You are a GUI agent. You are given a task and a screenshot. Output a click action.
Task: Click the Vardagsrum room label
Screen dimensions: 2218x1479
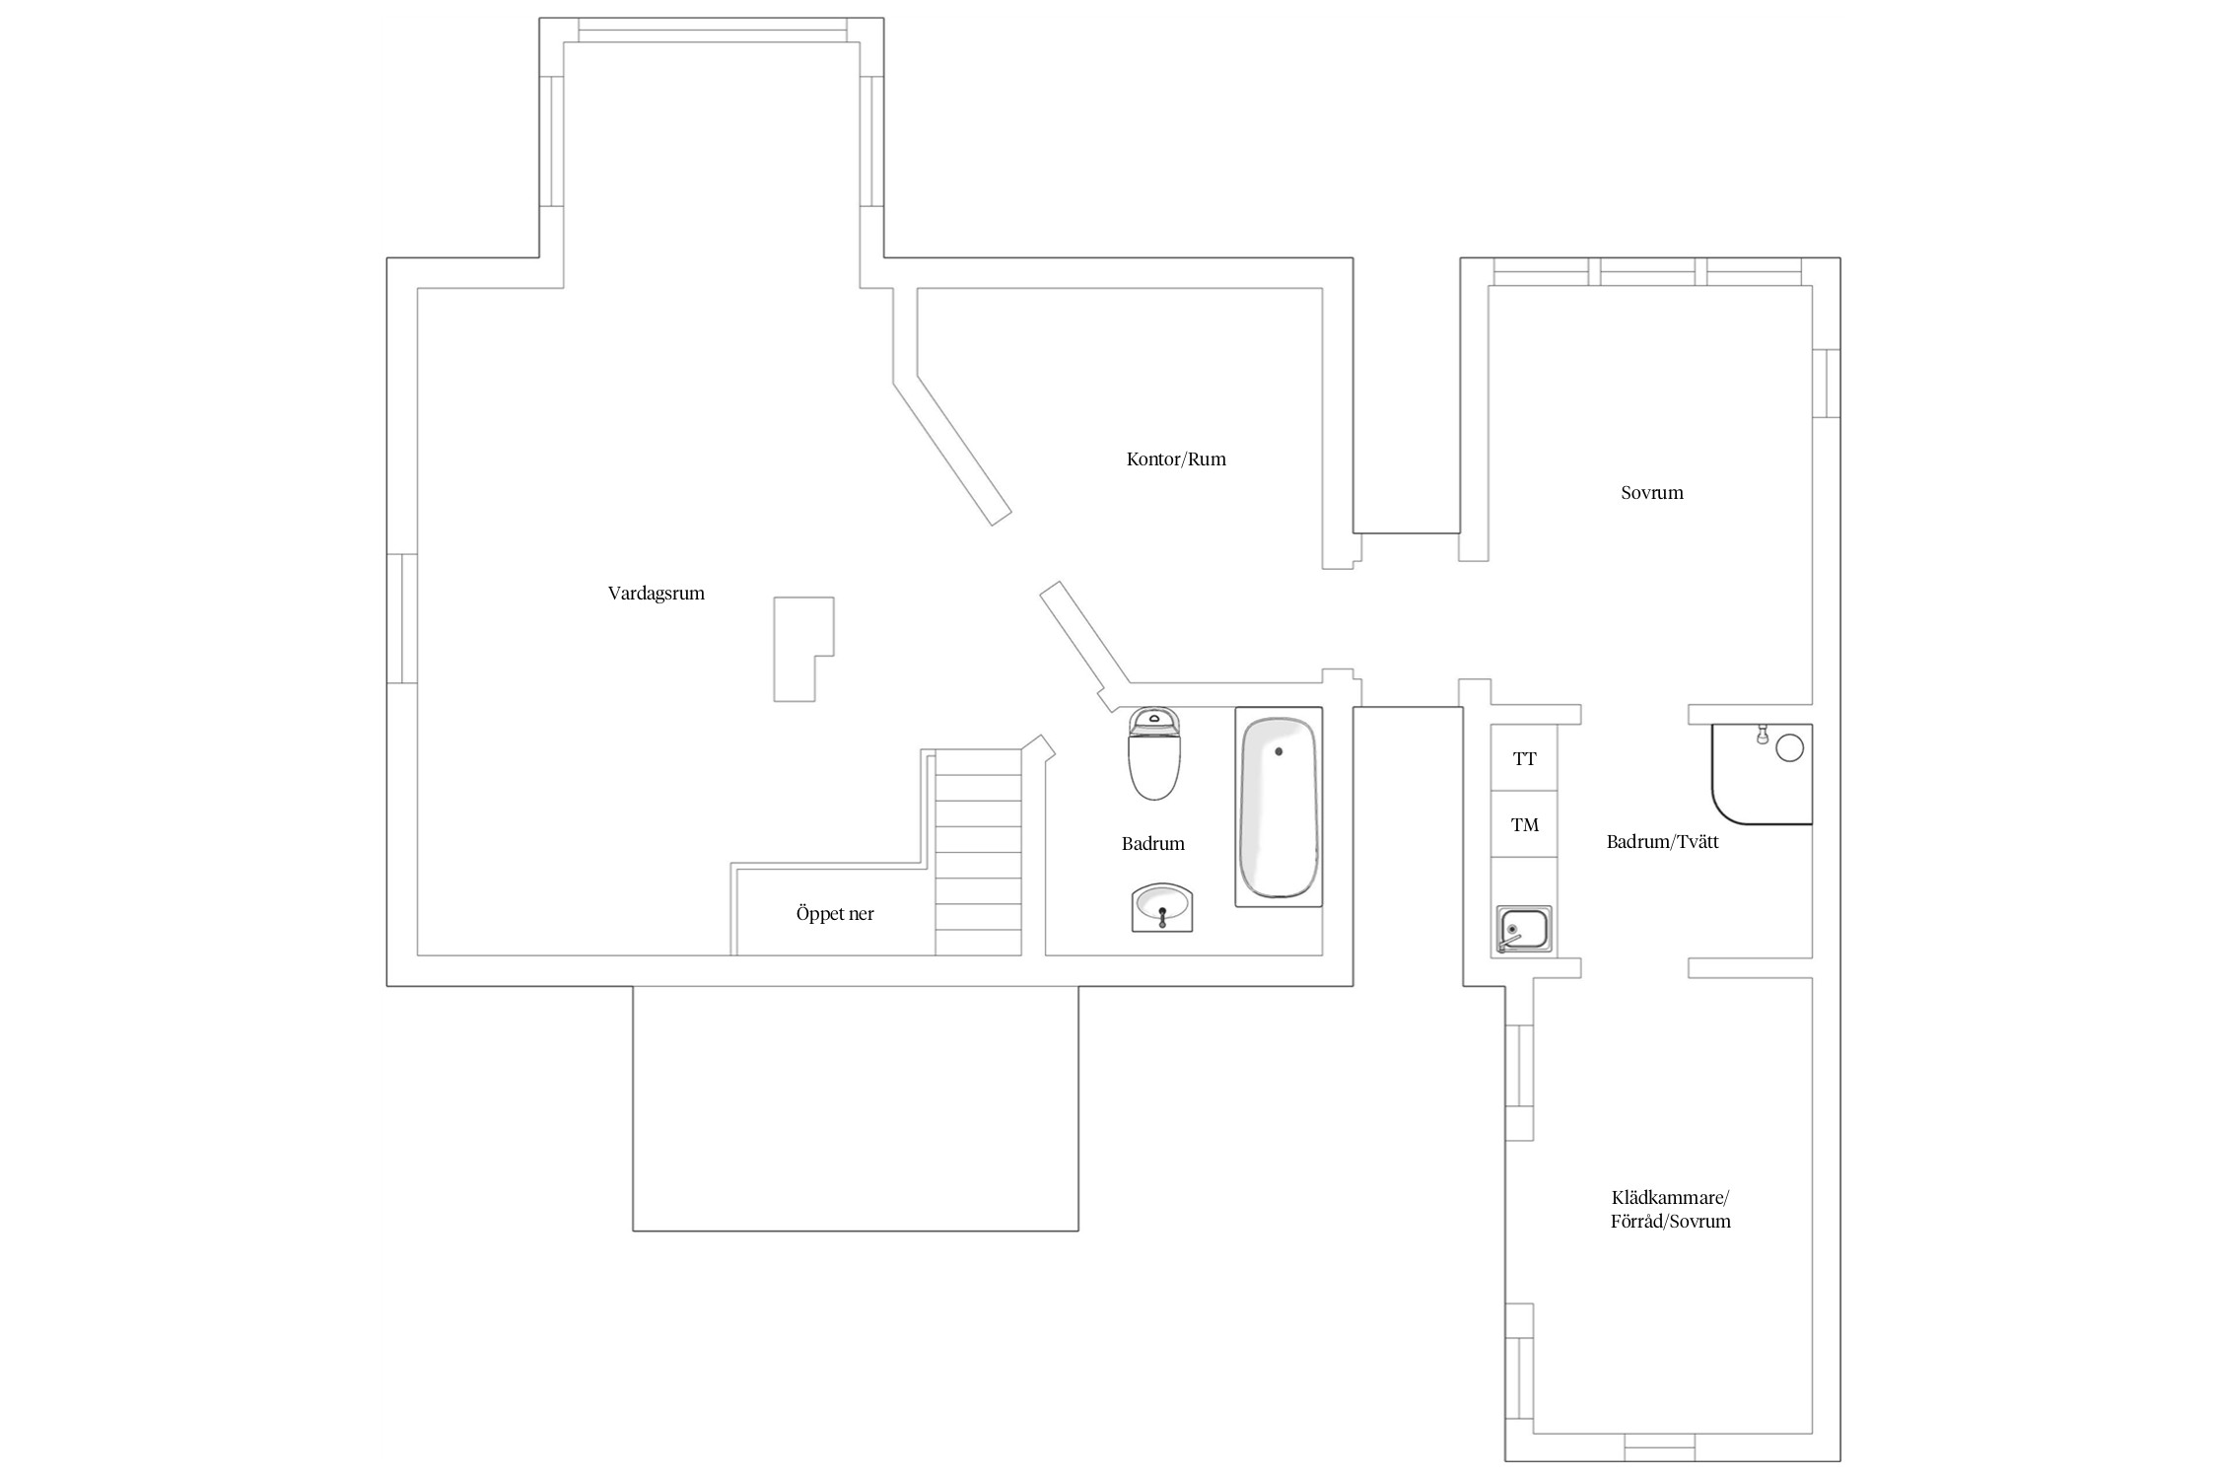click(656, 594)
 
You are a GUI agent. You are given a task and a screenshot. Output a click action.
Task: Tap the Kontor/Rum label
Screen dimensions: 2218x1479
click(1176, 458)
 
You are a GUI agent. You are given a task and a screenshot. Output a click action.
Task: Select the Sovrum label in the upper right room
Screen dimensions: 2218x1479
click(1652, 492)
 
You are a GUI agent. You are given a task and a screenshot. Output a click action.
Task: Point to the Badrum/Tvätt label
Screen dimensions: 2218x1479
click(1663, 842)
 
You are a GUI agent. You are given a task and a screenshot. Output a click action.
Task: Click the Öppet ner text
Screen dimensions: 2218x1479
click(835, 914)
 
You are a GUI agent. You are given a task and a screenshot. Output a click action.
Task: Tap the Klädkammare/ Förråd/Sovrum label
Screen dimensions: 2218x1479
click(1671, 1210)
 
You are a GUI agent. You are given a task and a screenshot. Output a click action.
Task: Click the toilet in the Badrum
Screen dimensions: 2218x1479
click(1154, 752)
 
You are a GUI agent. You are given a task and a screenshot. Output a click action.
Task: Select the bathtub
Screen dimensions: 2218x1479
click(1279, 808)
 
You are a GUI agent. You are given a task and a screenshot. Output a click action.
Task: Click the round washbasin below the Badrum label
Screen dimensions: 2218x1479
click(1162, 907)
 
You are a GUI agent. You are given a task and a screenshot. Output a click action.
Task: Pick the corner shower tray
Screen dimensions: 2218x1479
click(1763, 774)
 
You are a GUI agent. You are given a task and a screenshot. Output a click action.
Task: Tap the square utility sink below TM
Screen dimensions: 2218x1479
click(1524, 930)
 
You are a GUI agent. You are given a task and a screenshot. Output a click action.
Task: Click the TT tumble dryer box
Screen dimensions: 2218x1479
click(1524, 758)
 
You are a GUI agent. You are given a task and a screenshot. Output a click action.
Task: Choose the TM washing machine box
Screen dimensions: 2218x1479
click(1524, 824)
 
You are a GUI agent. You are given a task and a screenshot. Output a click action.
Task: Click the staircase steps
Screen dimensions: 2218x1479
click(978, 852)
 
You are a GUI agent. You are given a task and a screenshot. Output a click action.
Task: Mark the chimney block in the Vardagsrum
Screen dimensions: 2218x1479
click(803, 649)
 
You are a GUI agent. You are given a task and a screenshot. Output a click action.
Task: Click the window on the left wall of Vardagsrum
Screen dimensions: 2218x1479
click(401, 618)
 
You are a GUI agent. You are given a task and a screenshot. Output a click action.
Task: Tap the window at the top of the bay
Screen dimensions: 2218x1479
click(712, 31)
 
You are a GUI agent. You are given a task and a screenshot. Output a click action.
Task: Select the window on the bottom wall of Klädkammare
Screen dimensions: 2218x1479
click(1659, 1447)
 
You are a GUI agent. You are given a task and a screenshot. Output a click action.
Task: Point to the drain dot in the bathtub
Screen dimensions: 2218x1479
click(1280, 751)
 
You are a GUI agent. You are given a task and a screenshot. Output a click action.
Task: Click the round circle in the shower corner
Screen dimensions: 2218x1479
click(1789, 748)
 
